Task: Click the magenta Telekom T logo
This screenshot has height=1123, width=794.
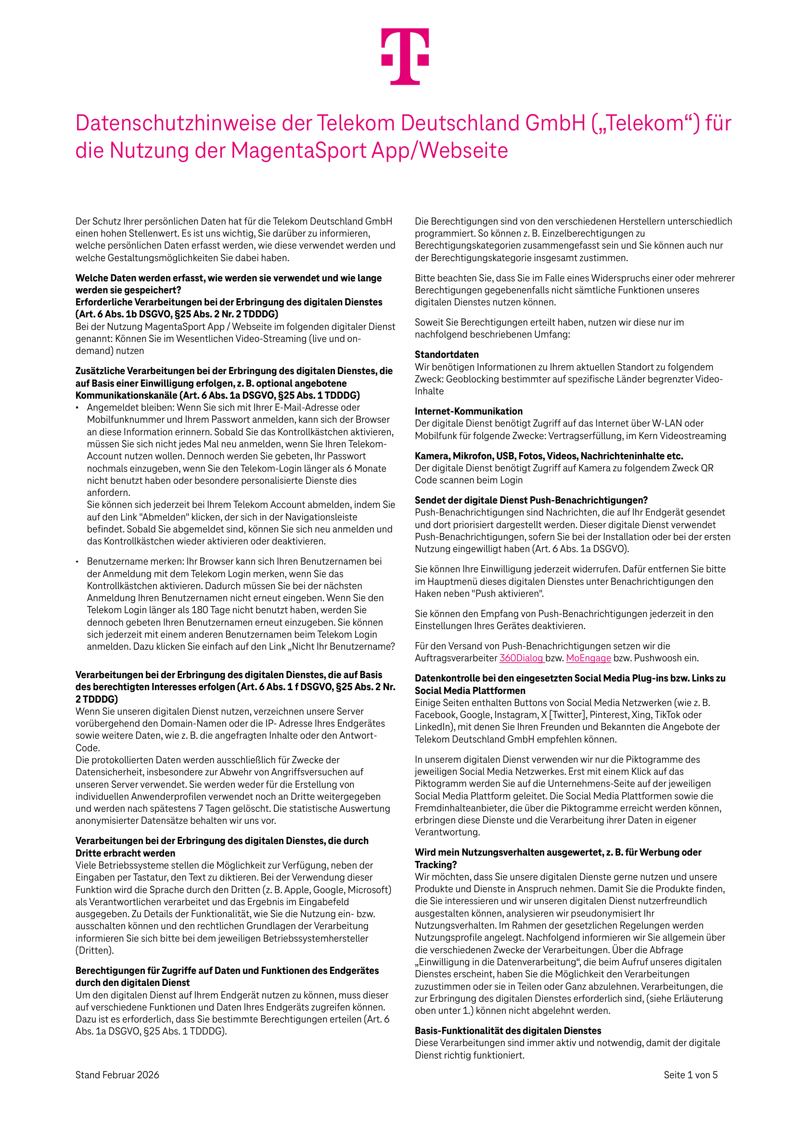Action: (405, 56)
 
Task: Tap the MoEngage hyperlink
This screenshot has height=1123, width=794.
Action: (588, 658)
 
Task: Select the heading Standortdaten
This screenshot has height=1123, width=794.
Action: (447, 354)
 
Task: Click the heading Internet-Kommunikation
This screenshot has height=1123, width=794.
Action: (469, 411)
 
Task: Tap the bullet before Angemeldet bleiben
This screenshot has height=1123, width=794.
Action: (77, 407)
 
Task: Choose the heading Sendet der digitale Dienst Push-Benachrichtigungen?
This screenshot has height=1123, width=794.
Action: (531, 500)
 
